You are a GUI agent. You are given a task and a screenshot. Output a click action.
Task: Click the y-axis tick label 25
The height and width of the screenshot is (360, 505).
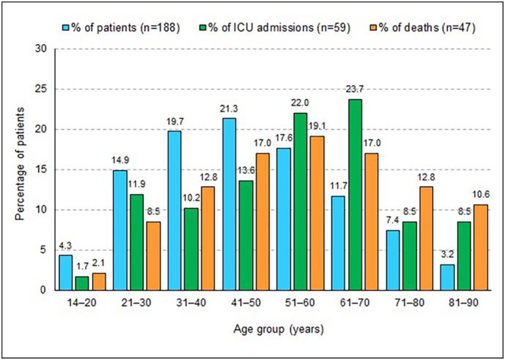pos(41,89)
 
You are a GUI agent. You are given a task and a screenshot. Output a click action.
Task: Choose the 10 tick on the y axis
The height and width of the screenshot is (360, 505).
pos(41,210)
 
